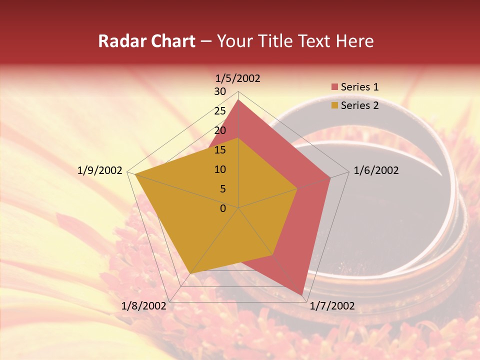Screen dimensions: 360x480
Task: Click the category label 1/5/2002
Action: (237, 78)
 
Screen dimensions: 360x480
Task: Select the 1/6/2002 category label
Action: (376, 170)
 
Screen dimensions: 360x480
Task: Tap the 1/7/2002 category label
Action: (332, 306)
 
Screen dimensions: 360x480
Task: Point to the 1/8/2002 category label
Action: (143, 306)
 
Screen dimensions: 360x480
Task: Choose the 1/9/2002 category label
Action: (99, 170)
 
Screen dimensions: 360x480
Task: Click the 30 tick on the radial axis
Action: (219, 91)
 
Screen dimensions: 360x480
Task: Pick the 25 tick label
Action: (219, 111)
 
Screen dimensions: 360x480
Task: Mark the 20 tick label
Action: (219, 130)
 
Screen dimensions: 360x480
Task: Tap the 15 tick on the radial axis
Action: (219, 150)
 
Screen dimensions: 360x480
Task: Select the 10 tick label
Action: (219, 169)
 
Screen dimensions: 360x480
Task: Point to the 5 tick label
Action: (222, 189)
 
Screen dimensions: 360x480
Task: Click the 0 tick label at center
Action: (222, 208)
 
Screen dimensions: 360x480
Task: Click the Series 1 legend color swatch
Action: (334, 87)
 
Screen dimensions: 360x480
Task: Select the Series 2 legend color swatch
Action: (334, 105)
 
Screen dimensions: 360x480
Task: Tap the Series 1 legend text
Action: (359, 87)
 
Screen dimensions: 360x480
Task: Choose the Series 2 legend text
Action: (359, 105)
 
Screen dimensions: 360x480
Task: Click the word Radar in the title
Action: (120, 41)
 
